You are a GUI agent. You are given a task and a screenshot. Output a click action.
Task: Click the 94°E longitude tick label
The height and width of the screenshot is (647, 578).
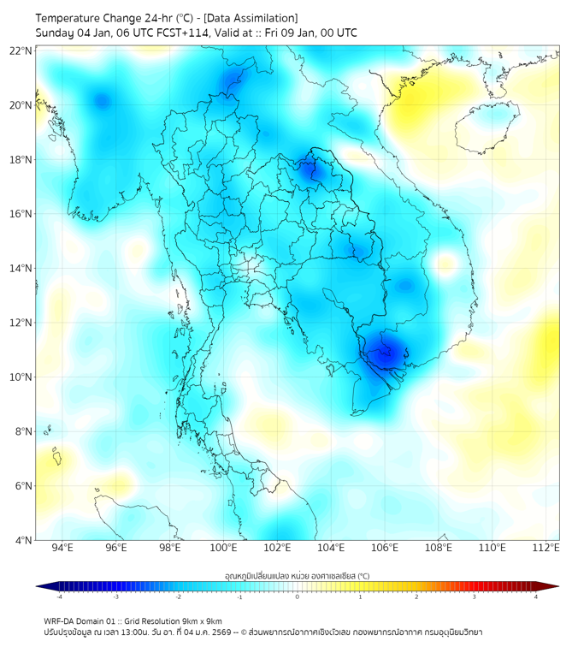coord(62,548)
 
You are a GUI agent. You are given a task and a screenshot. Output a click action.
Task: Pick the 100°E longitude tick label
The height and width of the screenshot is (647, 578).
coord(223,548)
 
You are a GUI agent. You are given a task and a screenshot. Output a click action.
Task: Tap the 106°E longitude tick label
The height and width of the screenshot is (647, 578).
coord(385,548)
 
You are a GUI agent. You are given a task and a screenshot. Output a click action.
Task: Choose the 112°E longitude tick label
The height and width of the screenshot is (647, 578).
coord(546,548)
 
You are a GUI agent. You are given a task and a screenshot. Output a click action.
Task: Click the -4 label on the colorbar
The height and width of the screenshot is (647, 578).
coord(59,597)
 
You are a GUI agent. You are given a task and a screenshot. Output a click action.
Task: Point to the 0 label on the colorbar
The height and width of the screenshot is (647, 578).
coord(298,597)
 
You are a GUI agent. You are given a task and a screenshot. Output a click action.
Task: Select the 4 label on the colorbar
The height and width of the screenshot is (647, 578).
coord(536,597)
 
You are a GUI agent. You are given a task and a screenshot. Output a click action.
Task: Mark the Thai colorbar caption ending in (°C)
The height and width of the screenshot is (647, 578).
coord(297,576)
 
